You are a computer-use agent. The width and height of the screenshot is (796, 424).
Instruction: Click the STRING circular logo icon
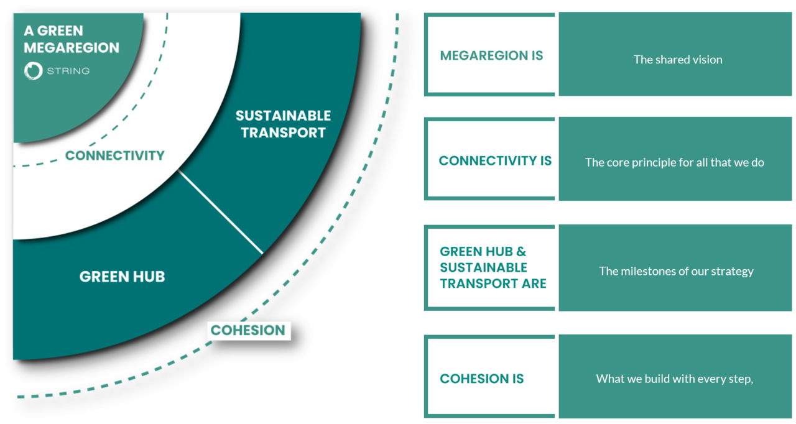pos(33,71)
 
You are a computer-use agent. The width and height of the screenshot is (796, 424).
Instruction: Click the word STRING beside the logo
pos(68,71)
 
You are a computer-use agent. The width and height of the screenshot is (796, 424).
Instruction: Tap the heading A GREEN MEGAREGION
pos(71,39)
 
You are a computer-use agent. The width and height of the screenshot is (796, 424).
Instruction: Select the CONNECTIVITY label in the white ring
pos(114,155)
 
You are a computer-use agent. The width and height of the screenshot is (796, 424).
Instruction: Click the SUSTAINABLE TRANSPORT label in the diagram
pos(283,124)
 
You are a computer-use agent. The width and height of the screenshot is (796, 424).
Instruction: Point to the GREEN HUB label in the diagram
pos(122,277)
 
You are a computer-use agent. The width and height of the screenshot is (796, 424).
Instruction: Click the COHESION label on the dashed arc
pos(248,330)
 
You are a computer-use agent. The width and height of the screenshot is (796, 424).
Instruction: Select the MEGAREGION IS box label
pos(491,55)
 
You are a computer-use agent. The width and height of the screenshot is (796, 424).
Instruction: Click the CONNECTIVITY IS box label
pos(495,160)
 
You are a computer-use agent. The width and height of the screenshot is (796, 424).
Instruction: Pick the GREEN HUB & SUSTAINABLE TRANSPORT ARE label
pos(493,267)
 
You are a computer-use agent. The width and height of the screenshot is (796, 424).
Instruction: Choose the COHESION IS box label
pos(482,379)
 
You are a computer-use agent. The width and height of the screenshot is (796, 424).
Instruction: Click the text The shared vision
pos(678,60)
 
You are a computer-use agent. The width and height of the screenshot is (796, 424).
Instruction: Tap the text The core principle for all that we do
pos(675,162)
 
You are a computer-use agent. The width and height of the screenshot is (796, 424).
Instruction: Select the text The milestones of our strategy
pos(676,271)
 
